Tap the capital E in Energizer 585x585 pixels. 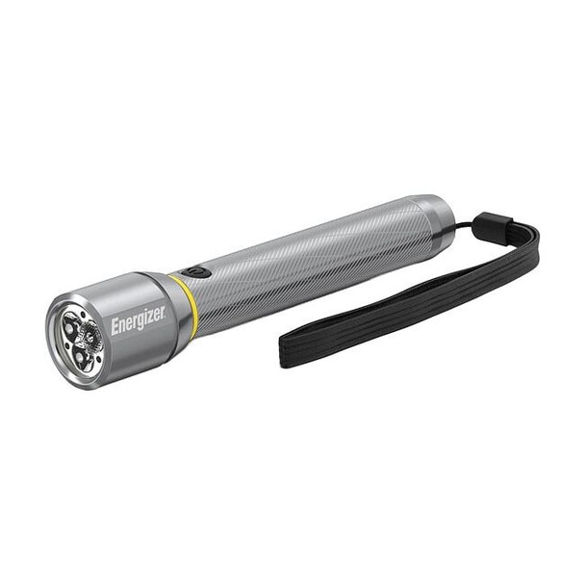pyautogui.click(x=115, y=328)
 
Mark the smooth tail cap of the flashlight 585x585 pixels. pyautogui.click(x=434, y=219)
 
